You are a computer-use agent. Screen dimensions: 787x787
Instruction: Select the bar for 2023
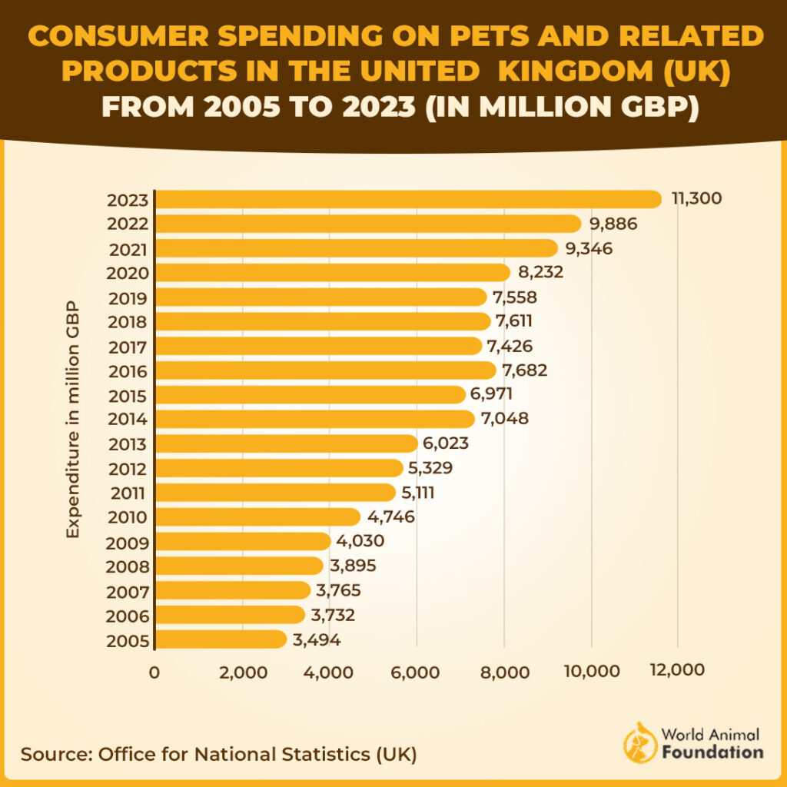tap(407, 199)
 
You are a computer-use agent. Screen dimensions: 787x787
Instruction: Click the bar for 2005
tap(221, 639)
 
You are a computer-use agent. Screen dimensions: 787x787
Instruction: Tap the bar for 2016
tap(325, 370)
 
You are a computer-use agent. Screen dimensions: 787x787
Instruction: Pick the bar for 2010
tap(257, 517)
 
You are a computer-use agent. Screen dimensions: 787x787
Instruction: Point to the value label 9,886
tap(613, 224)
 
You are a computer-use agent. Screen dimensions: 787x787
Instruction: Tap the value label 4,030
tap(360, 542)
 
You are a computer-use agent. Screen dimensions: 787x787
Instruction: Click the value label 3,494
tap(316, 639)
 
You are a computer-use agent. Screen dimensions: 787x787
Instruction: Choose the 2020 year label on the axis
tap(128, 274)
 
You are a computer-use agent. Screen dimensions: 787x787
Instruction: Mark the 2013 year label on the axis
tap(128, 445)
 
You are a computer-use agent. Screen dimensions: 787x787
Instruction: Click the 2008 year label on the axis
tap(128, 567)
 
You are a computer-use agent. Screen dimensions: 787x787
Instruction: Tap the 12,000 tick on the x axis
tap(677, 670)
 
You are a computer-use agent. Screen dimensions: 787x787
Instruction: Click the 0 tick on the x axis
tap(154, 672)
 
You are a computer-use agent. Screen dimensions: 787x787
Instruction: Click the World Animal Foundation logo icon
tap(638, 742)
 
